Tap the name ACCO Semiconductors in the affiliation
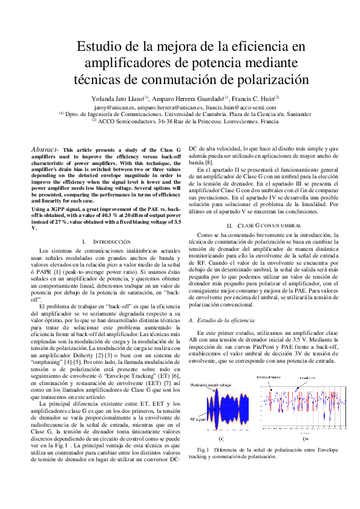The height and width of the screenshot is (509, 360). [128, 121]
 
